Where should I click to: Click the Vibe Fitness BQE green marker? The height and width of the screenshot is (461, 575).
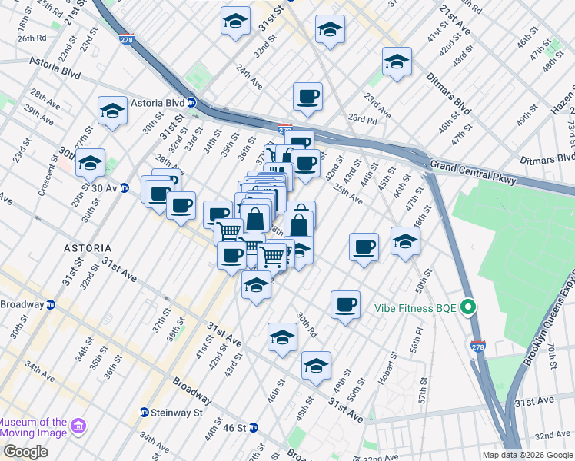point(466,308)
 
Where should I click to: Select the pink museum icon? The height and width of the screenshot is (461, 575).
point(78,426)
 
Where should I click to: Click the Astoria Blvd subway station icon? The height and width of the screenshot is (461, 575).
point(191,103)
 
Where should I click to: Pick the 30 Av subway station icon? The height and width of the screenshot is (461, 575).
point(124,188)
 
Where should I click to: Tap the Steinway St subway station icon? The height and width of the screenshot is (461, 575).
point(144,413)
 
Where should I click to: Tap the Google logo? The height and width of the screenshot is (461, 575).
point(25,452)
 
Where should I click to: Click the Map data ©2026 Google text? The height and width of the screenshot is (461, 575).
point(527,455)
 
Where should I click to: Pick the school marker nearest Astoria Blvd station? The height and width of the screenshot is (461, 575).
point(113,111)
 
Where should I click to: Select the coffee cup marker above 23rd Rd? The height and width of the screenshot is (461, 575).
point(307,97)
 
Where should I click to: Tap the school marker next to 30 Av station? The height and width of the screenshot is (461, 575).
point(91,163)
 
